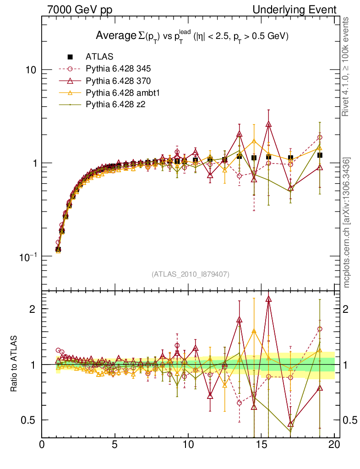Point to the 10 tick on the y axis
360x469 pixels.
[31, 70]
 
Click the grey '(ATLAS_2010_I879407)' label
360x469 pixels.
[191, 274]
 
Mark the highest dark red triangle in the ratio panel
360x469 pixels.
[268, 299]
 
